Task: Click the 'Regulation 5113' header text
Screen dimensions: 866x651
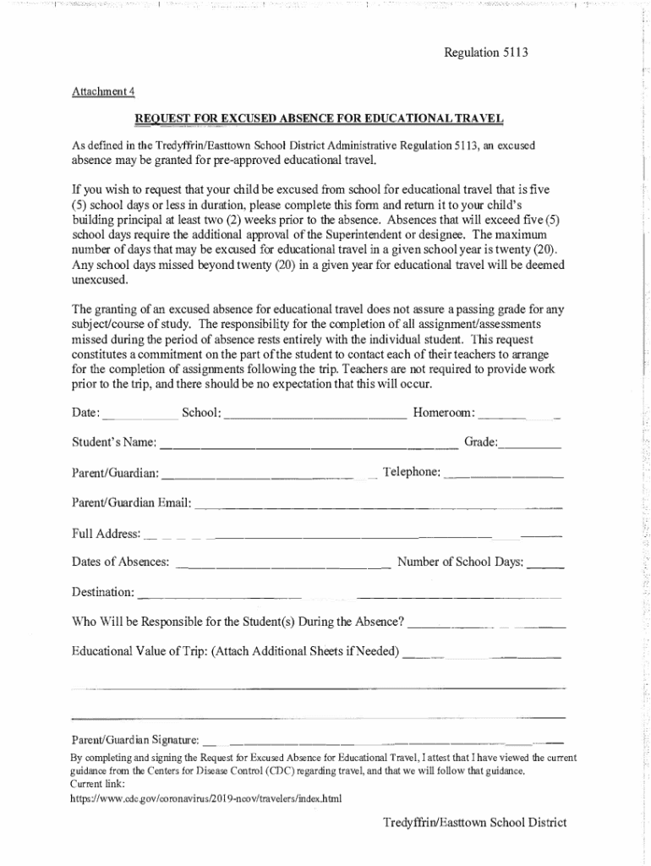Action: point(486,52)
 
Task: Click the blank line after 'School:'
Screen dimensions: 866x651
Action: point(316,414)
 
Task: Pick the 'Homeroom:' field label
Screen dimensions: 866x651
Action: point(444,412)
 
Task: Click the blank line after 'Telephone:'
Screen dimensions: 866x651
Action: point(504,474)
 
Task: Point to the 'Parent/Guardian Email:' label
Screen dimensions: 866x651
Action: point(132,503)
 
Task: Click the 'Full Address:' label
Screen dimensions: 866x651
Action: point(106,534)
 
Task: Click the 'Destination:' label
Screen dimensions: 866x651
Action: point(103,591)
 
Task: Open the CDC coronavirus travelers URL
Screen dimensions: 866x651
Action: point(206,797)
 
